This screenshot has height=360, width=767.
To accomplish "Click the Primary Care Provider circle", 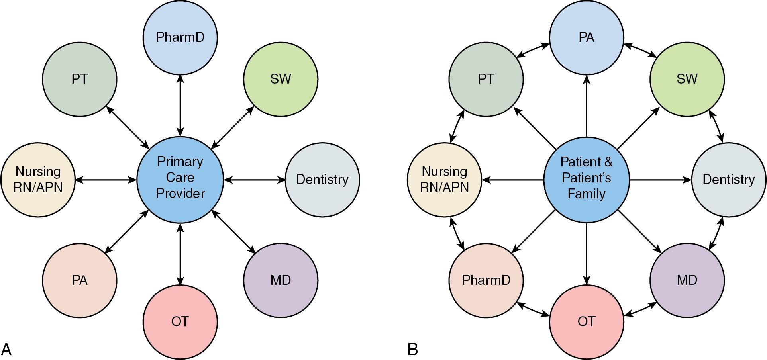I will (180, 179).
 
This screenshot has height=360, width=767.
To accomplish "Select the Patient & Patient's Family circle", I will (586, 180).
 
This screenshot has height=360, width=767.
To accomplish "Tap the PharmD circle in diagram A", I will (180, 37).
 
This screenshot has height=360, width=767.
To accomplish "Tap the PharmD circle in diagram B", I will (486, 280).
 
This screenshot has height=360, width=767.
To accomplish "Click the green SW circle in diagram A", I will (281, 79).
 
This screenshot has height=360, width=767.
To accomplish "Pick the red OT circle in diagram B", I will (586, 322).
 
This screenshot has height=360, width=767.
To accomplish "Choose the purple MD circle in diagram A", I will (281, 280).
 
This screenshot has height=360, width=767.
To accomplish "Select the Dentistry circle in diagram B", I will (728, 180).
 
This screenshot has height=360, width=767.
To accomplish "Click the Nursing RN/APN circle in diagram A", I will (38, 180).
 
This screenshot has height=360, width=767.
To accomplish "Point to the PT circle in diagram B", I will (486, 79).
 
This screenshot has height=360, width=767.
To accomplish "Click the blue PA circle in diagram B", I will (586, 37).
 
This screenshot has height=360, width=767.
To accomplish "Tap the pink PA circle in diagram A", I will (80, 280).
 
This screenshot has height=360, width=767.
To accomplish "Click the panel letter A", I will (6, 350).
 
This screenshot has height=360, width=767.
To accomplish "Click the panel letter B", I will (412, 350).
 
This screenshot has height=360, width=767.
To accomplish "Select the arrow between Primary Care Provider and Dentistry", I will (254, 180).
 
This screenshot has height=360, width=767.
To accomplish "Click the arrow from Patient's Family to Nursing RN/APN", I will (513, 180).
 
